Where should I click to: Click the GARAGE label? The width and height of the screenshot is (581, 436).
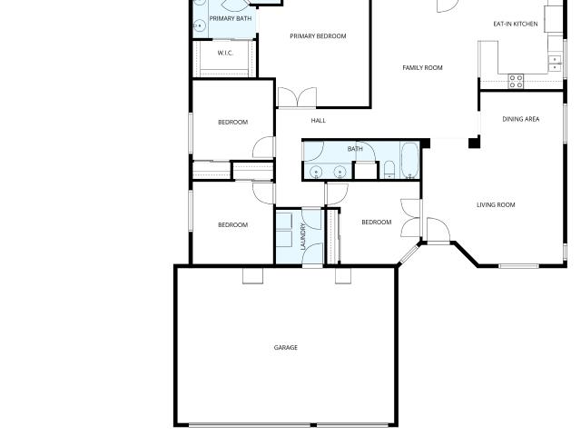(x=285, y=347)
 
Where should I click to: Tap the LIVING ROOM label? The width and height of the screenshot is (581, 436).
(x=496, y=204)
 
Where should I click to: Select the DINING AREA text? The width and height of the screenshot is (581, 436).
(x=520, y=119)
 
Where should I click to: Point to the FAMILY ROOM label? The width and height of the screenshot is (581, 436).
(x=422, y=67)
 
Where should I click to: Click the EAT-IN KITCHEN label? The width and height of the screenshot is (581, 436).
(x=516, y=24)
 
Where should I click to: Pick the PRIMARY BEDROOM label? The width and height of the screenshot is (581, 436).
(x=318, y=36)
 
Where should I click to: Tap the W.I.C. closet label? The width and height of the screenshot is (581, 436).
(x=225, y=53)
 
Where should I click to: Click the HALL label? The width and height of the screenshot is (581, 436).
(x=319, y=121)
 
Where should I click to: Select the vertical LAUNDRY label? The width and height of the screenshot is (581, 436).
(x=303, y=236)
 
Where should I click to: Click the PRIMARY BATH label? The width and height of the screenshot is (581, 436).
(x=231, y=18)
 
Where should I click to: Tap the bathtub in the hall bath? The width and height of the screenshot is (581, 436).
(x=409, y=161)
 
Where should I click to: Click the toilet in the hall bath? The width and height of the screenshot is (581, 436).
(x=389, y=170)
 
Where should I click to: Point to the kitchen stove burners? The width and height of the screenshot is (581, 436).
(x=516, y=82)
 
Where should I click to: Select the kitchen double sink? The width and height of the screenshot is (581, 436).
(x=555, y=63)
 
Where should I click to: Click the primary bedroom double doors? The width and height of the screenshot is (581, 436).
(x=297, y=97)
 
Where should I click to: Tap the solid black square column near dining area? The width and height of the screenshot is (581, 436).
(x=474, y=143)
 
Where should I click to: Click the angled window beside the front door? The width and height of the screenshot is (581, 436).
(x=409, y=253)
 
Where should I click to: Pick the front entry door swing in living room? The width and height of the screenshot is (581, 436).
(x=438, y=230)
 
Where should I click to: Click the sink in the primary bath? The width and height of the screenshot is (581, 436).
(x=199, y=26)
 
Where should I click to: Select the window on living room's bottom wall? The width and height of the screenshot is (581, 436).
(x=518, y=266)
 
